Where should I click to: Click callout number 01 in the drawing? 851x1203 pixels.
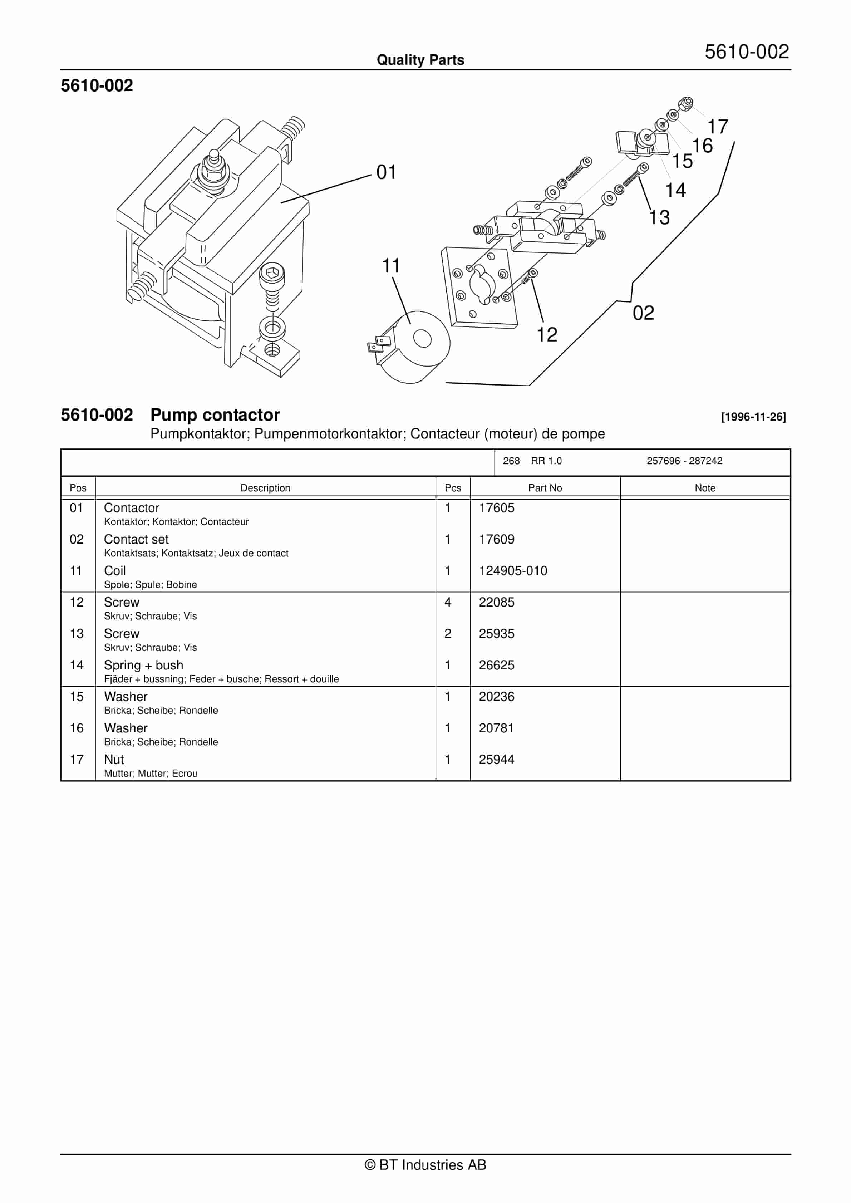coord(386,172)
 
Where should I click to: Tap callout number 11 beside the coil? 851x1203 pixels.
coord(391,266)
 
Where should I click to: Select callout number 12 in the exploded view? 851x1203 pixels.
coord(547,335)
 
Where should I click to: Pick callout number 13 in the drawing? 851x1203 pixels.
coord(659,217)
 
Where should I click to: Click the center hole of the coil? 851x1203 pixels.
coord(422,338)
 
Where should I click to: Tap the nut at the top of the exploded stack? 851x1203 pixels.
coord(685,103)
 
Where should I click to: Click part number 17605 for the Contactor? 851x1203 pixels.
coord(496,508)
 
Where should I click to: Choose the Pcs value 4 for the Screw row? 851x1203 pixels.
coord(448,602)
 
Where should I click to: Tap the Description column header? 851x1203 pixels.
coord(265,488)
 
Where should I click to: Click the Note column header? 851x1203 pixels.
coord(705,488)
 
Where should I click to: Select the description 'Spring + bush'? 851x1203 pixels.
coord(144,665)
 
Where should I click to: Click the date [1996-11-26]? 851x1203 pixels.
coord(753,417)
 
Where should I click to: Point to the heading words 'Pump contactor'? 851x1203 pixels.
coord(215,415)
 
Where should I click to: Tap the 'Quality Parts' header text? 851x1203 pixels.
coord(420,60)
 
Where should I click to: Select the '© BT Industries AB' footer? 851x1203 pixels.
coord(425,1165)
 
